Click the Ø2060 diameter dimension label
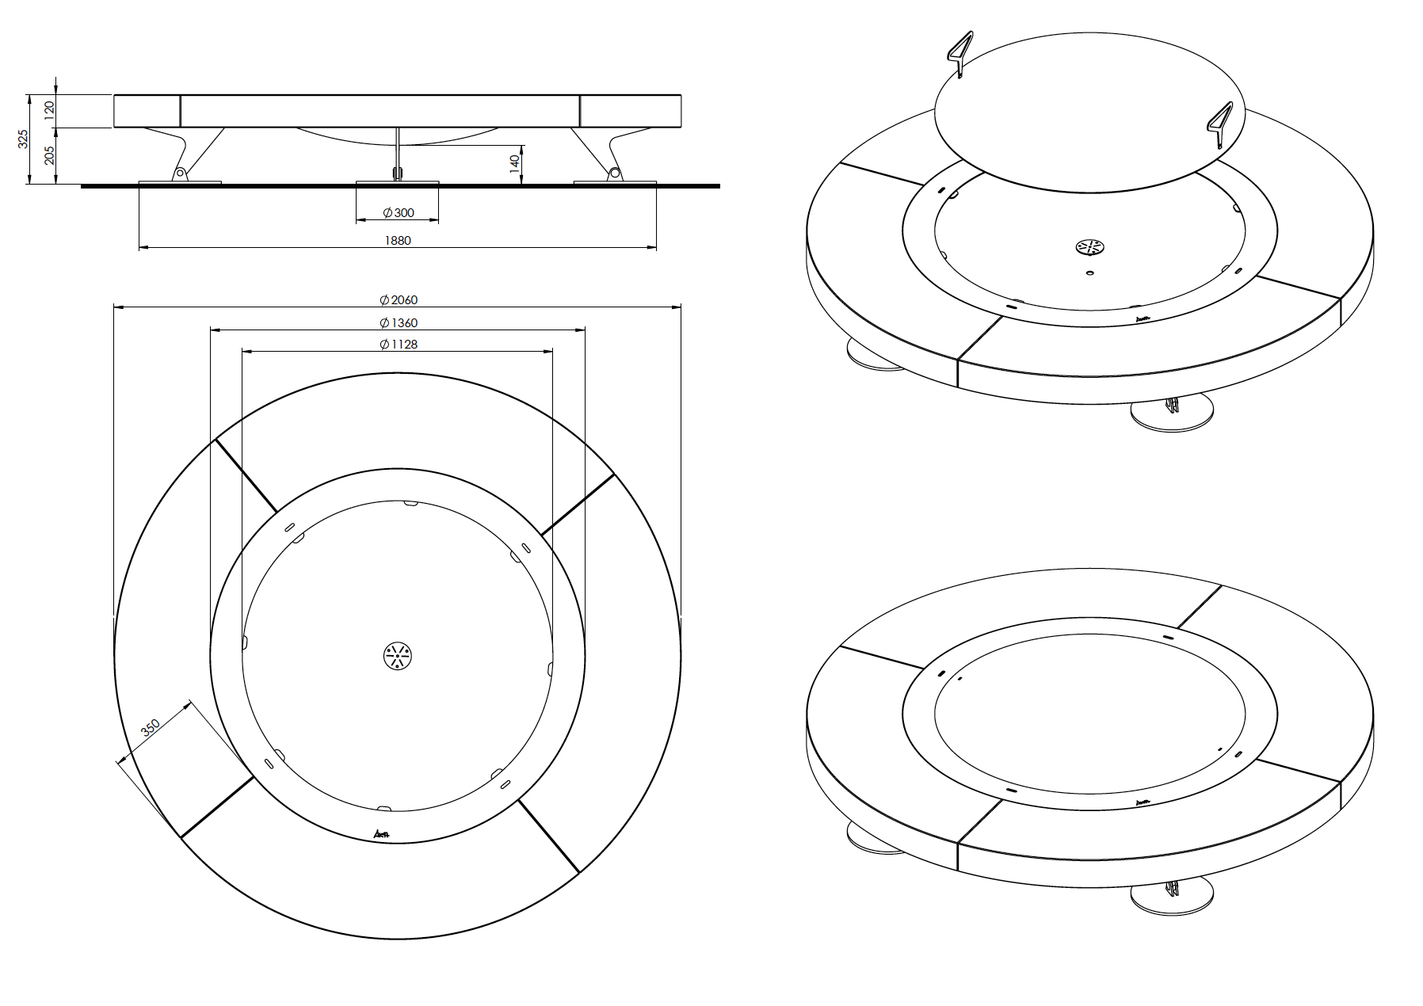[x=398, y=299]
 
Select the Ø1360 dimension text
[x=398, y=322]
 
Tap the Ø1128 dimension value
[x=398, y=344]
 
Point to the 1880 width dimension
[x=398, y=240]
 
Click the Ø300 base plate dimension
[x=398, y=212]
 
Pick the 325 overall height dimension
[x=23, y=139]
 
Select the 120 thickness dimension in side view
[x=49, y=110]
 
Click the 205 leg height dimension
[x=49, y=155]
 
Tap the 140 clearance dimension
[x=514, y=164]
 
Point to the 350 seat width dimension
[x=151, y=727]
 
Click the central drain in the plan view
[x=398, y=655]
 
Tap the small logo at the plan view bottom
[x=382, y=833]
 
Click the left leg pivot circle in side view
[x=181, y=172]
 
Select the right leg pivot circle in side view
[x=613, y=172]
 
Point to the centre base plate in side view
[x=397, y=183]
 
